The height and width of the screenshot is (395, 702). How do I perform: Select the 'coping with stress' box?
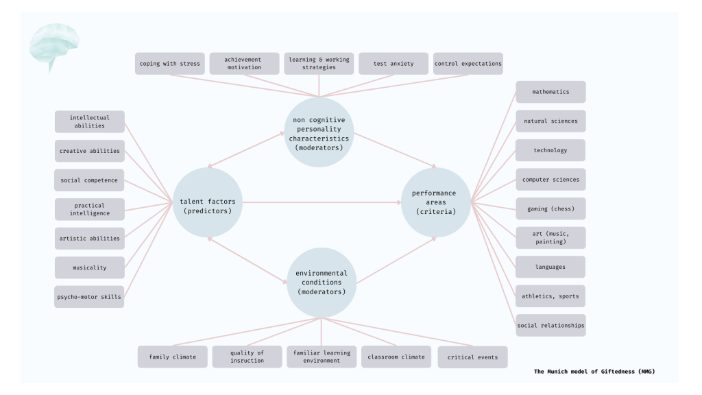click(x=169, y=64)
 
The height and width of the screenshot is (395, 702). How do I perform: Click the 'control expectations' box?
click(x=468, y=64)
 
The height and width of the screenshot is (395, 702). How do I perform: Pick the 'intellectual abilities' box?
click(x=89, y=122)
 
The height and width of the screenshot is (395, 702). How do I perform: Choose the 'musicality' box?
click(x=89, y=268)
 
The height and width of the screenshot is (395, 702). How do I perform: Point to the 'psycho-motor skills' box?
click(x=89, y=297)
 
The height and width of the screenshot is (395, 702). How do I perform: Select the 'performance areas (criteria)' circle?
click(x=435, y=202)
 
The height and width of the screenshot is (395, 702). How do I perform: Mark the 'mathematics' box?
click(x=550, y=92)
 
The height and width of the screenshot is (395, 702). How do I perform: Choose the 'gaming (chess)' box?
click(x=550, y=208)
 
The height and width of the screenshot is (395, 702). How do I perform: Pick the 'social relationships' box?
click(x=550, y=325)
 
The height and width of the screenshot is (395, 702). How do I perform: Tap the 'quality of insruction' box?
click(x=247, y=357)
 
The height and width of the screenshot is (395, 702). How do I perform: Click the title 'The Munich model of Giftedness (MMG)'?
click(x=598, y=371)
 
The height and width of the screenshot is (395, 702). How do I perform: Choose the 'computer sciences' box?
click(x=550, y=180)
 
